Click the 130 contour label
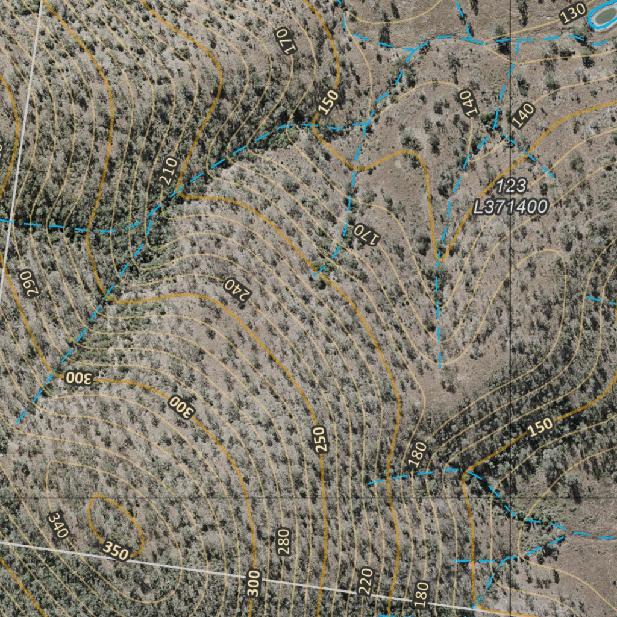point(572,12)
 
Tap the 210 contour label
point(168,171)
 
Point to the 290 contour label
point(28,282)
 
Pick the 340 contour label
point(58,525)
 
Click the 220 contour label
point(366,581)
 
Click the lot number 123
point(512,185)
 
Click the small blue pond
point(604,17)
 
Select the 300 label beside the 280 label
point(254,583)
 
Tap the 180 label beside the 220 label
point(421,594)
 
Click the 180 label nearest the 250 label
point(417,454)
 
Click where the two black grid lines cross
point(511,498)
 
